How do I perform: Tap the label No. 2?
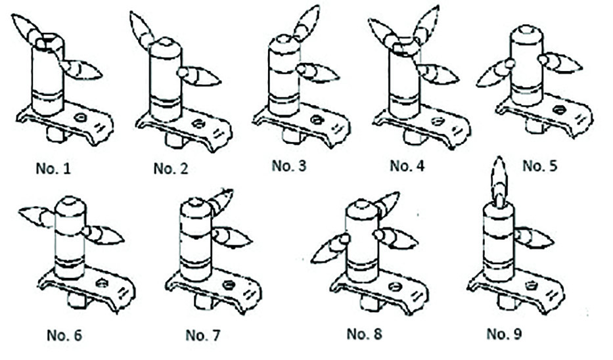point(171,169)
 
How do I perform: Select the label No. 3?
point(289,165)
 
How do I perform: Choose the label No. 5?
point(541,165)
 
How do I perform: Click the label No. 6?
point(64,335)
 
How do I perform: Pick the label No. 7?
point(203,335)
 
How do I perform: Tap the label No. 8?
point(364,334)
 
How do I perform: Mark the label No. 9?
point(505,334)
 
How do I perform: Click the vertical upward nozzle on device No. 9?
point(499,175)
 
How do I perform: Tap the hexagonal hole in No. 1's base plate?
point(81,118)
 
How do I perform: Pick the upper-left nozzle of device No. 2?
point(141,30)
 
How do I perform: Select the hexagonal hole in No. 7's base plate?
point(229,284)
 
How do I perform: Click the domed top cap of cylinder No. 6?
point(70,205)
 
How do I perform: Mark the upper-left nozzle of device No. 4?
point(383,33)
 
